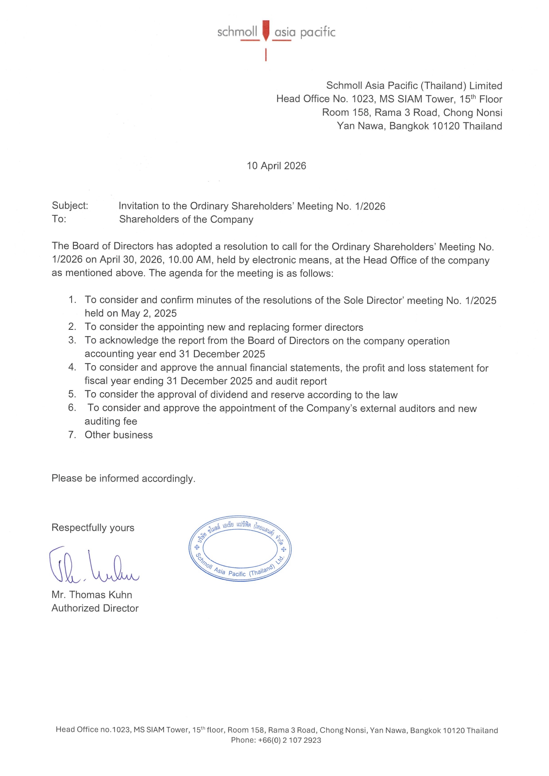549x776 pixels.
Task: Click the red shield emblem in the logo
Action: tap(266, 30)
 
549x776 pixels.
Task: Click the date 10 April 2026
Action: tap(276, 166)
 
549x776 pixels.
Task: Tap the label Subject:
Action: tap(70, 206)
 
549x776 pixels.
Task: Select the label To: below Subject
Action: tap(59, 219)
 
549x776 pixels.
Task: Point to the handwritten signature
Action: tap(93, 566)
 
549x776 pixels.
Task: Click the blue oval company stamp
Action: tap(240, 549)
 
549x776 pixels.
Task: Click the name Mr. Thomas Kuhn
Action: tap(91, 595)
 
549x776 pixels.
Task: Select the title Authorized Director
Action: tap(95, 608)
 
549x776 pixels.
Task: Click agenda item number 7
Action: tap(72, 435)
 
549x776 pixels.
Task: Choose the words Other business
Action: tap(118, 435)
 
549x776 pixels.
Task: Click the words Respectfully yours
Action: tap(93, 528)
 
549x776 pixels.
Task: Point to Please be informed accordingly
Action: tap(123, 478)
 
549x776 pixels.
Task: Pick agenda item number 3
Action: tap(72, 340)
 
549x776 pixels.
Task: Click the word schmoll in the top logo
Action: tap(237, 32)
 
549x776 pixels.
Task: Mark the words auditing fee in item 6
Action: tap(111, 421)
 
